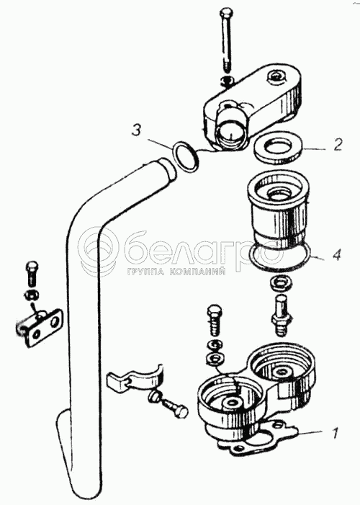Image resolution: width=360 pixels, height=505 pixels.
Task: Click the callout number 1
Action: [335, 433]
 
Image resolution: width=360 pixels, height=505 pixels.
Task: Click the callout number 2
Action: [337, 145]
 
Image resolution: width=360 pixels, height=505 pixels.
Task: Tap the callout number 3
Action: [138, 131]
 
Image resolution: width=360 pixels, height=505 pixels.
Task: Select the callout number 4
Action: [336, 255]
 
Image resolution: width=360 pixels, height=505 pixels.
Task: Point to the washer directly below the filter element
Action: [282, 282]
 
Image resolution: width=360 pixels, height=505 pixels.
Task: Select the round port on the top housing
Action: [230, 131]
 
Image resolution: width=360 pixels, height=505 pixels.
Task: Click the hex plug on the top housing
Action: [276, 77]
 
